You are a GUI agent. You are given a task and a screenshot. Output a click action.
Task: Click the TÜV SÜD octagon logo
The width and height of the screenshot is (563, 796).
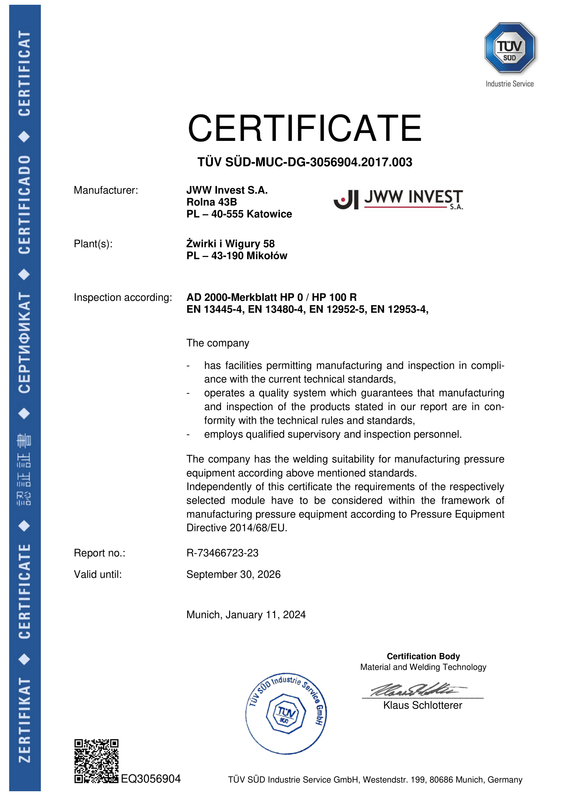click(x=509, y=48)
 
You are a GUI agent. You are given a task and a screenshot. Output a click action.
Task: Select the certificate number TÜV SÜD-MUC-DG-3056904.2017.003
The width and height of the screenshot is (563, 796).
click(x=304, y=162)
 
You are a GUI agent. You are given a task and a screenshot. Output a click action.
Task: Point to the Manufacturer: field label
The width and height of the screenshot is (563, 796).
click(x=106, y=190)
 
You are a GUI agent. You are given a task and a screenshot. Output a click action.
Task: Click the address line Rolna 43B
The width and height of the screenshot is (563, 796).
click(x=211, y=202)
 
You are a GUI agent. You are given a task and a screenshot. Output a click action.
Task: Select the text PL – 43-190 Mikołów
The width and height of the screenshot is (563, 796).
click(x=237, y=256)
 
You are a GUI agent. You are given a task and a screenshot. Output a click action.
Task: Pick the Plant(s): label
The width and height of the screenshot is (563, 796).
click(x=93, y=244)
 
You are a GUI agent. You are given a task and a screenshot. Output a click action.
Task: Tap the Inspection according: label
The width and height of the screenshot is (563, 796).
click(x=123, y=297)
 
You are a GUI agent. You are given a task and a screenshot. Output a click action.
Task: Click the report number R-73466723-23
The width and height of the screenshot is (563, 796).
click(x=222, y=553)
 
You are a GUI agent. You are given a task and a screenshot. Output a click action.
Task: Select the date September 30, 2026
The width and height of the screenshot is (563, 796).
click(x=233, y=574)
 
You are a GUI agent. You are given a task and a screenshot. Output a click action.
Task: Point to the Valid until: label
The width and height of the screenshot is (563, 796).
click(x=98, y=574)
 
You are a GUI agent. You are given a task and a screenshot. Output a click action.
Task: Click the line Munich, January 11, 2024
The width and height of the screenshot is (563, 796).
click(x=246, y=615)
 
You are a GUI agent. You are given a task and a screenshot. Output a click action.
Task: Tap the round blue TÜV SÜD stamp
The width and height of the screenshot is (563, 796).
click(x=286, y=714)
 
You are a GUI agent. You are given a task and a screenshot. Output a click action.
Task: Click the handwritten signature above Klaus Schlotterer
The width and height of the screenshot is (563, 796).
click(x=416, y=689)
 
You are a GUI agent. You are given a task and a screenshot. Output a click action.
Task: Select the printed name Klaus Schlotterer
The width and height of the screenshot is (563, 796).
click(x=423, y=705)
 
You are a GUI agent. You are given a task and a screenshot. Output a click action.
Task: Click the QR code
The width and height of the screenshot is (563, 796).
click(x=96, y=761)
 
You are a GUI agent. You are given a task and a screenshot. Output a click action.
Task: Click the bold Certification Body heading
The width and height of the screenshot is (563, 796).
click(x=423, y=656)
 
